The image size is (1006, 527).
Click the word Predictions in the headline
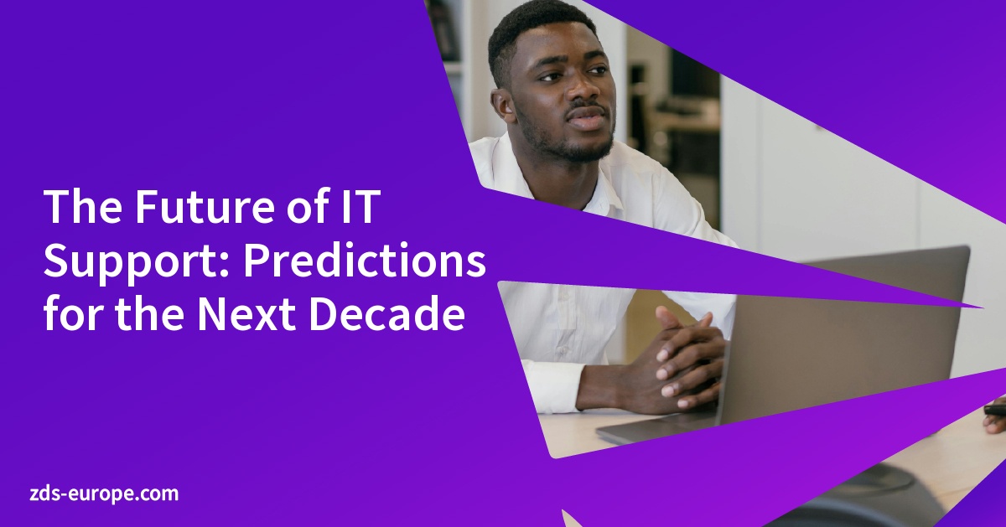tap(365, 262)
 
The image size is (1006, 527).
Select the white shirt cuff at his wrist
tap(554, 385)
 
